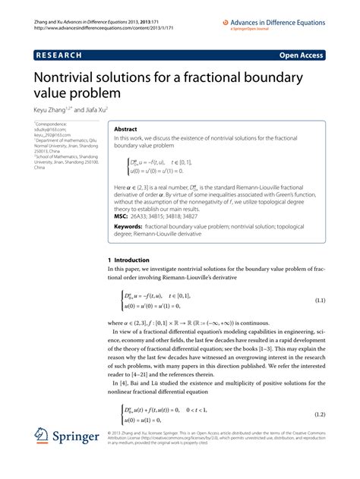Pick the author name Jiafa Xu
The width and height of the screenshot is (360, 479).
click(x=102, y=109)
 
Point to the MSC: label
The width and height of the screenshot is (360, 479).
click(x=122, y=216)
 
